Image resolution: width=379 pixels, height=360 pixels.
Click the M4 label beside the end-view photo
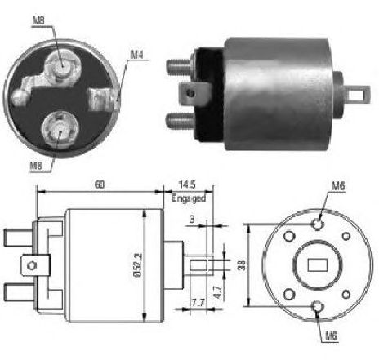[x=136, y=55]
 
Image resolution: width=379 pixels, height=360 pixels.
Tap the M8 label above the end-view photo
[x=38, y=20]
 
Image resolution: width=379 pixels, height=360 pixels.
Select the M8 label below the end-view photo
[x=37, y=166]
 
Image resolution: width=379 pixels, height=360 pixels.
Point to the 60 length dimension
[x=100, y=185]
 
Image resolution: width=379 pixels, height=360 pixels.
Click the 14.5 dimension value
[x=187, y=185]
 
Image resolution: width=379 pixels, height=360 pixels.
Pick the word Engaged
[x=189, y=198]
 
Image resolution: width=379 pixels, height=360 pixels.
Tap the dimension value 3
[x=192, y=219]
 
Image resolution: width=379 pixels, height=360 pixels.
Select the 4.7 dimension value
[x=218, y=292]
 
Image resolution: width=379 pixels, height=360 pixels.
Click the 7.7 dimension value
[x=198, y=303]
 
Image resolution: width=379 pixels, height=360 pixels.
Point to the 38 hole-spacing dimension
[x=242, y=265]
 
